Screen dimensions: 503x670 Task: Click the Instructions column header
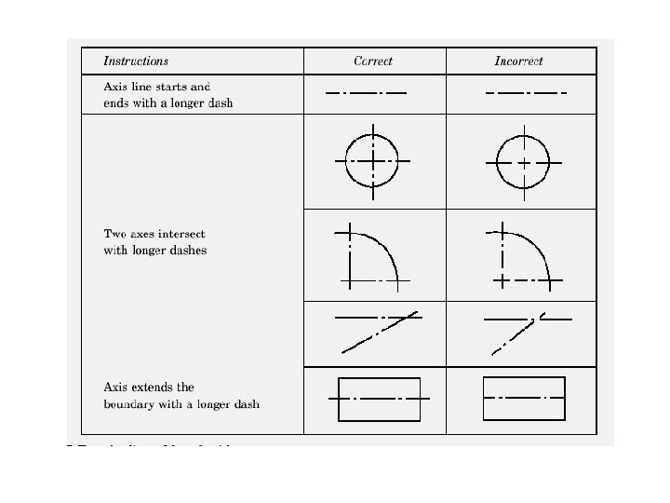(136, 61)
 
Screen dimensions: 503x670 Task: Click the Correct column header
(373, 61)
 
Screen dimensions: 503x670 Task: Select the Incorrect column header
(518, 61)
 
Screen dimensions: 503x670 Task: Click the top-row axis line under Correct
(366, 93)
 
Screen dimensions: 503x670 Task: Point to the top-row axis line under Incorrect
(526, 93)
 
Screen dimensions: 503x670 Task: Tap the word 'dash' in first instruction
(221, 103)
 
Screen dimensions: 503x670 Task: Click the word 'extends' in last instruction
(153, 387)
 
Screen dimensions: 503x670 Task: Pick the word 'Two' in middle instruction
(114, 234)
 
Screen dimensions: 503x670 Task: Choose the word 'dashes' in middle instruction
(188, 251)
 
